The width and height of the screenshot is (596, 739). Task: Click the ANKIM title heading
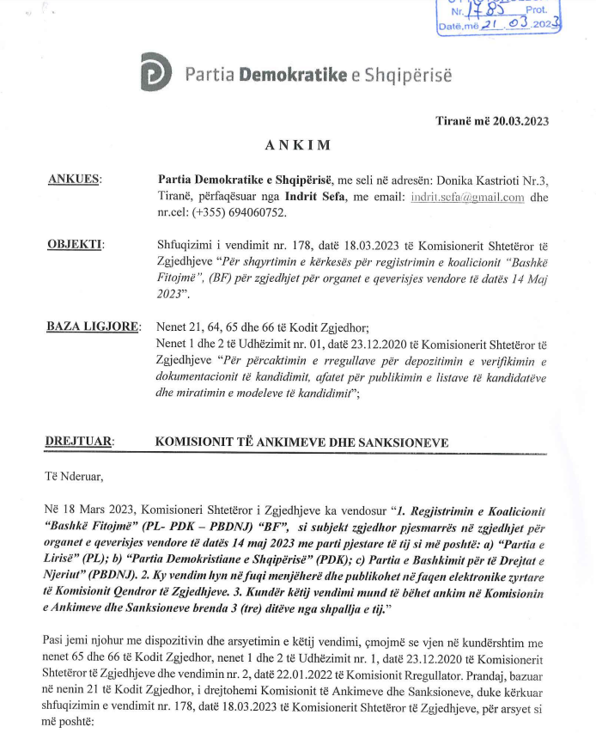297,145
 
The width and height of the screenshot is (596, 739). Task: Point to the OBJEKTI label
75,245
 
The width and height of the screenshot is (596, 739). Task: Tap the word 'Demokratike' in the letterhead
293,75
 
